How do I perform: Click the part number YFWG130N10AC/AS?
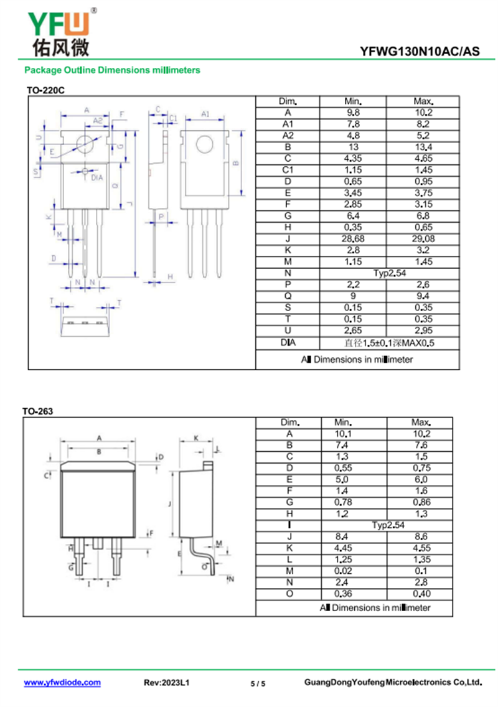[x=420, y=52]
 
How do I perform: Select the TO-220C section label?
[x=45, y=91]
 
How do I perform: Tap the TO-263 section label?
[x=38, y=411]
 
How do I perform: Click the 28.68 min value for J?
[x=353, y=240]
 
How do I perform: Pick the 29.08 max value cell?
[x=423, y=240]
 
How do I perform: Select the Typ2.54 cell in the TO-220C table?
[x=389, y=273]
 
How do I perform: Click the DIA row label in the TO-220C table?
[x=287, y=343]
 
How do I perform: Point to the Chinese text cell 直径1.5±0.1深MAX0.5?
[x=389, y=343]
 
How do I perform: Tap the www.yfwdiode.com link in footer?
[x=62, y=683]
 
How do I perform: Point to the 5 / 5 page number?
[x=258, y=683]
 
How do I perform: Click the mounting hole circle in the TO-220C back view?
[x=205, y=145]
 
